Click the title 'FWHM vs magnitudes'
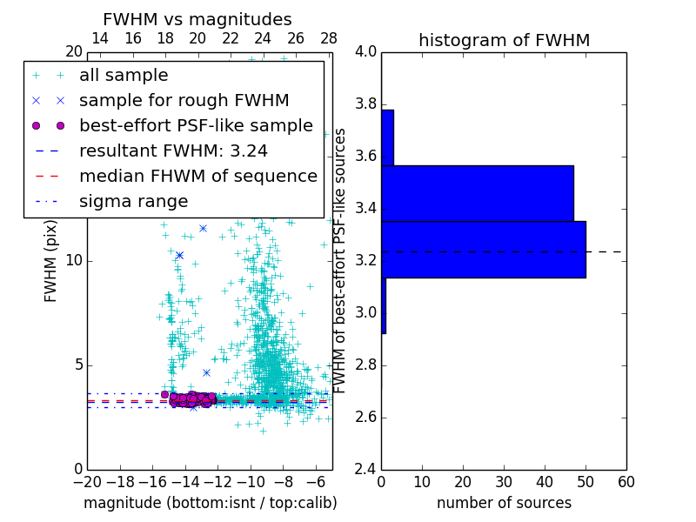coord(197,20)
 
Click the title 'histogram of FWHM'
coord(504,41)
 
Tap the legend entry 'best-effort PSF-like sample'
coord(196,126)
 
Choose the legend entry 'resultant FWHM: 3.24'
coord(173,151)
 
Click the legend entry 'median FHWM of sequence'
coord(197,177)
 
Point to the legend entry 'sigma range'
coord(133,202)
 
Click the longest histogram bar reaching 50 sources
coord(483,250)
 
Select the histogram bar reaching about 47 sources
coord(477,193)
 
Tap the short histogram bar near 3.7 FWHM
coord(387,137)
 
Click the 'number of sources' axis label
coord(504,504)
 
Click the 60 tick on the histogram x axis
coord(626,482)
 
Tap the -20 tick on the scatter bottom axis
coord(87,482)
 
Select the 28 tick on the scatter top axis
coord(329,39)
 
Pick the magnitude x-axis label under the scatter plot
coord(210,504)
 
